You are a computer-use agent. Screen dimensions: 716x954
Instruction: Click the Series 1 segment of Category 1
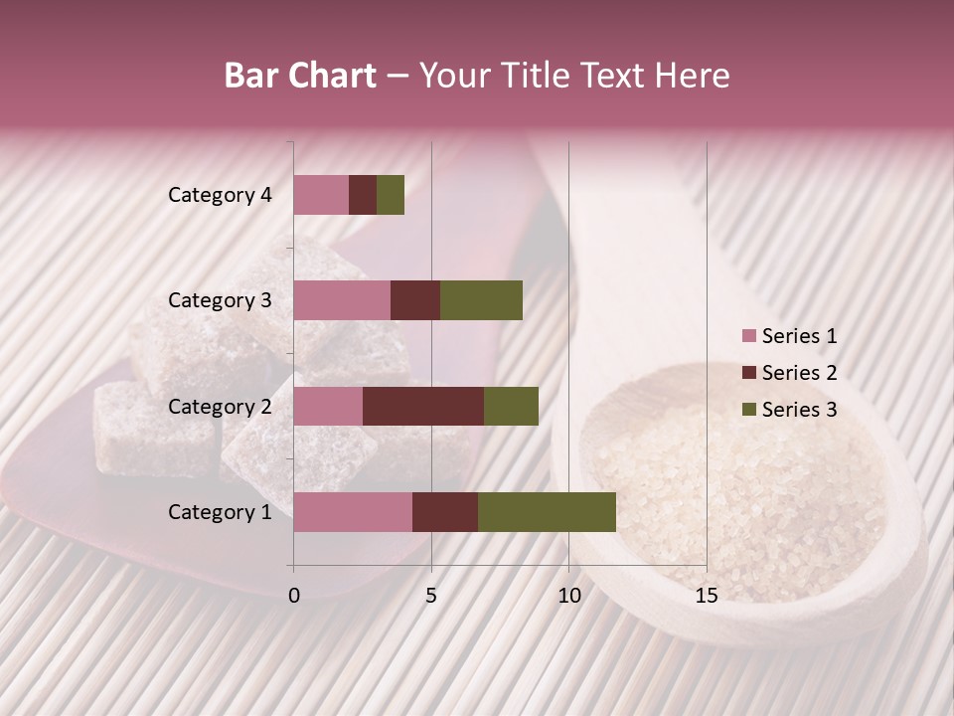coord(353,512)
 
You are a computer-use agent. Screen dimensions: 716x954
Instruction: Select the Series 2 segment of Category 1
coord(445,512)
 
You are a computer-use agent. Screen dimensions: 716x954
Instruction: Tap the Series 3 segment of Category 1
coord(547,512)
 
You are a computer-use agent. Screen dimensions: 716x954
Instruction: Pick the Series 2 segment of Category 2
coord(423,407)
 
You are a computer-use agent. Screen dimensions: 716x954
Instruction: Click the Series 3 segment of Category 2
coord(511,407)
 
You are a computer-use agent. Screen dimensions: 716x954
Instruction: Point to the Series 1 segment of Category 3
coord(342,300)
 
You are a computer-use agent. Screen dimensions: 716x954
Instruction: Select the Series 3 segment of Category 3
coord(481,300)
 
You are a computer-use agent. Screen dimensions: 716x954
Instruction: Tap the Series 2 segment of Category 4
coord(363,195)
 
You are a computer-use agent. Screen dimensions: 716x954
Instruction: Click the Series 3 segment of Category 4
coord(391,195)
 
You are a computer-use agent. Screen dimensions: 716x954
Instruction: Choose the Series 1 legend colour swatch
coord(748,336)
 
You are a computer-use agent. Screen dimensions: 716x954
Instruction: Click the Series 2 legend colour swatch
coord(748,373)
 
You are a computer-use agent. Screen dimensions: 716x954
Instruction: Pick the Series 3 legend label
coord(799,410)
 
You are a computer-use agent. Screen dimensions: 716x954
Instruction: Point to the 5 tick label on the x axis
coord(431,596)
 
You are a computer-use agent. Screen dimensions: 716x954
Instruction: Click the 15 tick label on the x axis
coord(706,596)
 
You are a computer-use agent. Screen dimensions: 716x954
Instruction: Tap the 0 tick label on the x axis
coord(294,596)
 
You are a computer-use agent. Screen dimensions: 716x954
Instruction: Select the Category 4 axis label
coord(220,195)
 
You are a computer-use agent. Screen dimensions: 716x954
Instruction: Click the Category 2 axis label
coord(220,407)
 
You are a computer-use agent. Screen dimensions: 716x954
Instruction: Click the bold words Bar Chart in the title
coord(300,76)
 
